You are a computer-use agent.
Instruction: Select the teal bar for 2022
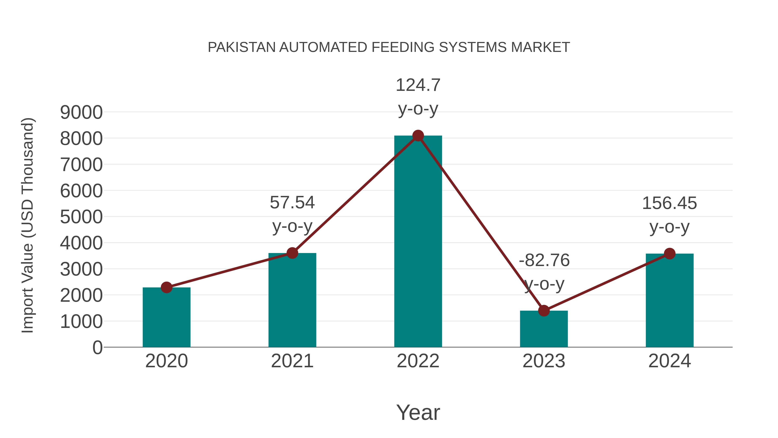tap(418, 242)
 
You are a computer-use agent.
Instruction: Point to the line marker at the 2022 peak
tap(418, 136)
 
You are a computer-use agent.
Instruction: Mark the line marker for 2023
tap(544, 310)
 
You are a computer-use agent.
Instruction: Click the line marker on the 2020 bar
tap(166, 287)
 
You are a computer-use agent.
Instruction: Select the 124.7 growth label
tap(418, 85)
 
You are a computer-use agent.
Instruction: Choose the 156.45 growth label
tap(670, 203)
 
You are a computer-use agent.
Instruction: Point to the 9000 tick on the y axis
tap(81, 112)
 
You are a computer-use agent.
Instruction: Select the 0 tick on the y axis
tap(97, 348)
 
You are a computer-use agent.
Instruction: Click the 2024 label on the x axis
tap(670, 361)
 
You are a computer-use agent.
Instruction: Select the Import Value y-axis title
tap(27, 225)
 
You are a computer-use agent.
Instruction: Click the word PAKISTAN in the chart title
tap(242, 47)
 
